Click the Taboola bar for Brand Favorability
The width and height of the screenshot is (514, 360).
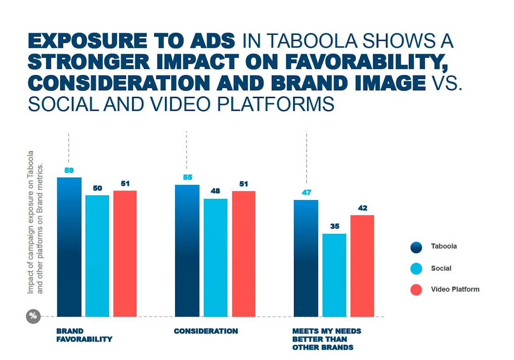(x=69, y=247)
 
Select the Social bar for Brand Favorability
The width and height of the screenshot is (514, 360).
(x=97, y=256)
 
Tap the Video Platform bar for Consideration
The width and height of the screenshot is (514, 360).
(x=244, y=254)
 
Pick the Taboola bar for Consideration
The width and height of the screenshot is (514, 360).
(x=187, y=251)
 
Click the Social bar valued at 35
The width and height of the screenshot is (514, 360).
(x=335, y=275)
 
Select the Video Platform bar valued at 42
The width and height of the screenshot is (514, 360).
(x=363, y=266)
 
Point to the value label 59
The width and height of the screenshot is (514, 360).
(x=69, y=170)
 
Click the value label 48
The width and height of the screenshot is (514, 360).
(x=215, y=191)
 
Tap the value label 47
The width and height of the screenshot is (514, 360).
(x=306, y=192)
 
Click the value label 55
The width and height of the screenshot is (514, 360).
(x=188, y=177)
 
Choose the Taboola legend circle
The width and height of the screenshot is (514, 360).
(x=416, y=247)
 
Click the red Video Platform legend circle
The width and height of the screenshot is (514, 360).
(x=416, y=290)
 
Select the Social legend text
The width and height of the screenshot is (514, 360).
(x=441, y=268)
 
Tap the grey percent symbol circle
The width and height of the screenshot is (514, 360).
(x=33, y=316)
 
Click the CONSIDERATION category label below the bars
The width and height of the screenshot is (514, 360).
(x=206, y=331)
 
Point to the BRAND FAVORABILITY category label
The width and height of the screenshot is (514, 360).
(x=84, y=335)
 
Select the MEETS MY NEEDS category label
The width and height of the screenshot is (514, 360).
(x=326, y=339)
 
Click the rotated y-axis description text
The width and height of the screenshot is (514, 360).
(x=35, y=222)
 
